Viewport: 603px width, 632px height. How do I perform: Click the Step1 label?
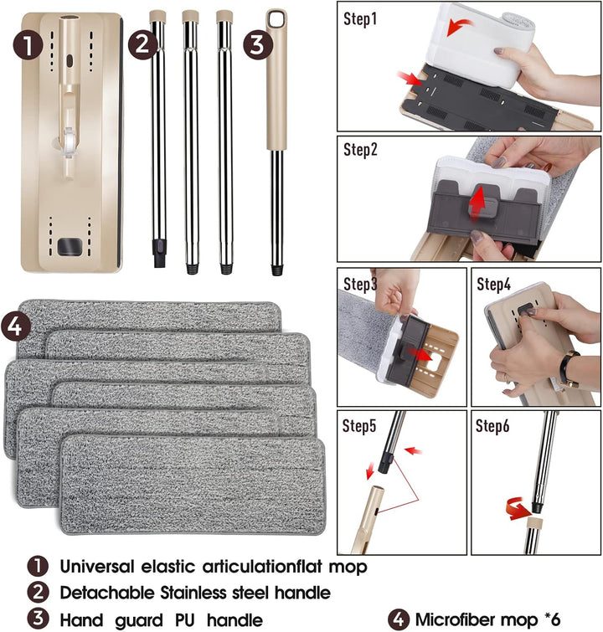click(360, 19)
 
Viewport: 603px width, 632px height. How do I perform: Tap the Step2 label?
click(360, 150)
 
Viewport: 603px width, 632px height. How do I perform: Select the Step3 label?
click(360, 284)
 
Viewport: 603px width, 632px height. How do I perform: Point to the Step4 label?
click(493, 284)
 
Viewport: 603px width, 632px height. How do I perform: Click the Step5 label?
click(359, 425)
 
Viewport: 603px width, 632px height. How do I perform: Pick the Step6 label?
click(492, 425)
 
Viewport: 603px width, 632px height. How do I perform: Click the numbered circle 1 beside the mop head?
click(28, 44)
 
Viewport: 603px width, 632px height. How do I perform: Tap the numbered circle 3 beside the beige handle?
click(257, 44)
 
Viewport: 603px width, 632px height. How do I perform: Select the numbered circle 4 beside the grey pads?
click(15, 326)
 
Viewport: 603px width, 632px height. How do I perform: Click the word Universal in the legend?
click(97, 567)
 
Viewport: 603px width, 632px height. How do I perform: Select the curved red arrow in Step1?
click(459, 27)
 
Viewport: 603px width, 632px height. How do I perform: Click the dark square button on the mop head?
click(70, 247)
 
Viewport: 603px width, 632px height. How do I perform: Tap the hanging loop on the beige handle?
click(276, 19)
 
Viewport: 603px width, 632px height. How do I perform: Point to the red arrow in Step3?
click(420, 355)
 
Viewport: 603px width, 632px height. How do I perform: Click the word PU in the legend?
click(185, 619)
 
